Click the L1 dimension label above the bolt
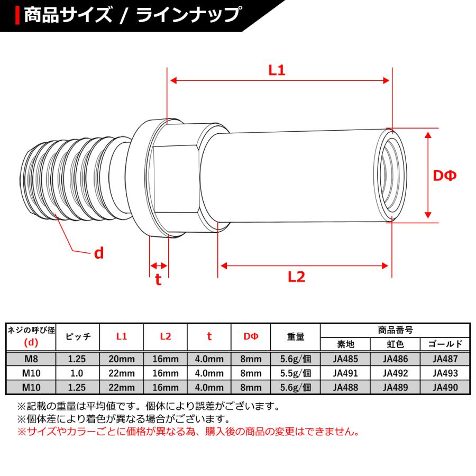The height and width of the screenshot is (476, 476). [x=277, y=70]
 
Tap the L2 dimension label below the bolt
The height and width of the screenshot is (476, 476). [x=297, y=277]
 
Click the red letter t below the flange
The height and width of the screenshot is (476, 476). [x=158, y=280]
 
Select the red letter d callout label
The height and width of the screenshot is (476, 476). [x=98, y=253]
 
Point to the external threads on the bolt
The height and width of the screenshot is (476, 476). [x=69, y=180]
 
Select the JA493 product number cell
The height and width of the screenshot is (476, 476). [x=445, y=373]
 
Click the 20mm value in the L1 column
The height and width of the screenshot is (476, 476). [x=122, y=359]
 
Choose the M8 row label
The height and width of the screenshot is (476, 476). [x=30, y=359]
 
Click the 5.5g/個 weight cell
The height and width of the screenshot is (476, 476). [x=295, y=373]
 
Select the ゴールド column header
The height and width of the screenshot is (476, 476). [x=445, y=344]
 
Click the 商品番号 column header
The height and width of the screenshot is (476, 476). [x=395, y=330]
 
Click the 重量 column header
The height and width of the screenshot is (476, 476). [x=295, y=337]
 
